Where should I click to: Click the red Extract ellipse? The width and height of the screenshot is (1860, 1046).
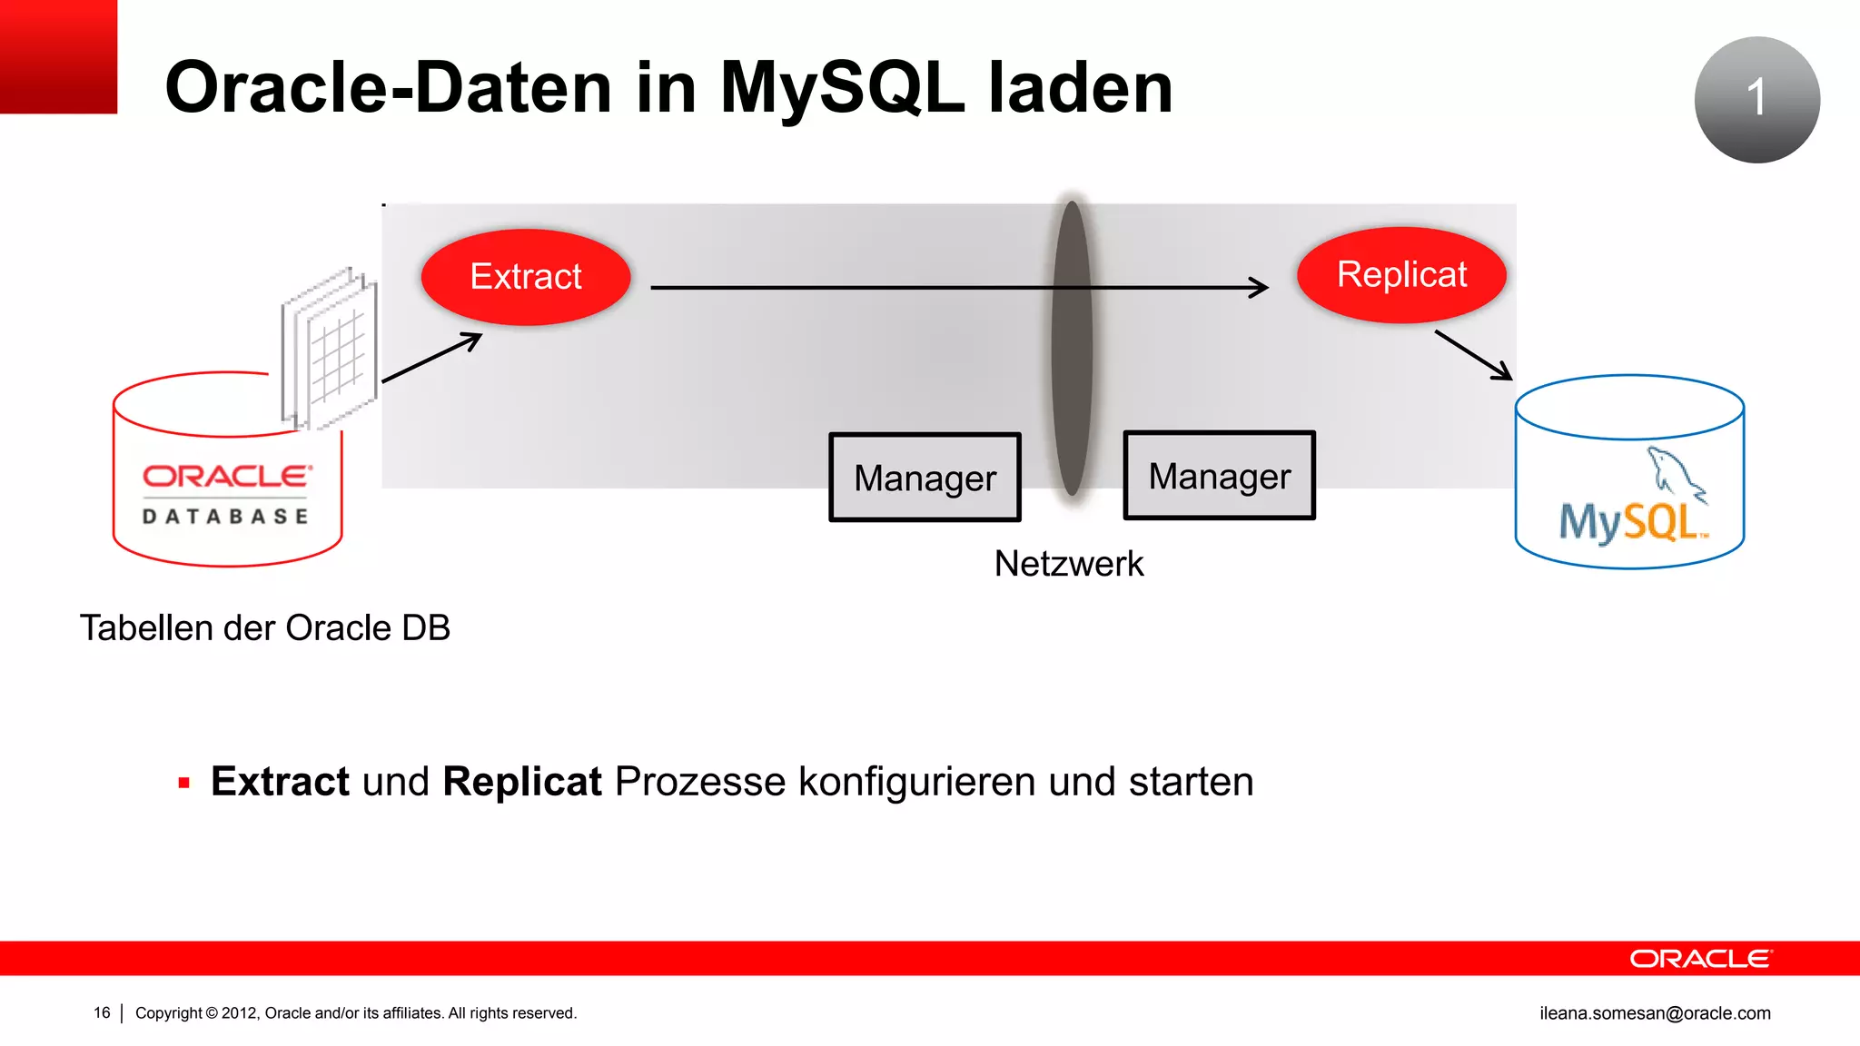(x=526, y=277)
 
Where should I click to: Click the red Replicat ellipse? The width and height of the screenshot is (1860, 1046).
(x=1401, y=275)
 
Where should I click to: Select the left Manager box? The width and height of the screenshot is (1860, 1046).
(x=925, y=478)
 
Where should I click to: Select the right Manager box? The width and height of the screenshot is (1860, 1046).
(x=1219, y=476)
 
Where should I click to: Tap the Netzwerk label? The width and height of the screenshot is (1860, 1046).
(x=1068, y=564)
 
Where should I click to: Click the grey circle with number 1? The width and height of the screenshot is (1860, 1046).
(x=1756, y=100)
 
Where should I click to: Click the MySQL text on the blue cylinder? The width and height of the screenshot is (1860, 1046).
(x=1630, y=523)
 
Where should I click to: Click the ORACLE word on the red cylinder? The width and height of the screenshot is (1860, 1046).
(x=227, y=477)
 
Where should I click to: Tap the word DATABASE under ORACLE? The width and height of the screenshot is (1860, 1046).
(x=225, y=517)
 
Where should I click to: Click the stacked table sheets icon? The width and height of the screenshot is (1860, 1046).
(x=330, y=350)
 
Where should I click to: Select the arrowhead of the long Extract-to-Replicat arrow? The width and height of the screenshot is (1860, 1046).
(x=1261, y=288)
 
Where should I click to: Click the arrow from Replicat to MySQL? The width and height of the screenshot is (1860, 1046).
(x=1473, y=355)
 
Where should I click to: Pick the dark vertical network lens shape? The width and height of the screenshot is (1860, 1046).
(x=1072, y=350)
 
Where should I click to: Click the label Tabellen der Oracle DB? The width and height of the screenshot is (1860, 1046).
(x=264, y=628)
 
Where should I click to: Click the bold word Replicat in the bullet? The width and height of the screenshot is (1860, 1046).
(x=521, y=782)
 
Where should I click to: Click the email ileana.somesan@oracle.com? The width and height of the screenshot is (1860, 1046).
(x=1655, y=1013)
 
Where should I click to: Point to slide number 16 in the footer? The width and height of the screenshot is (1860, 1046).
(x=102, y=1013)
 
